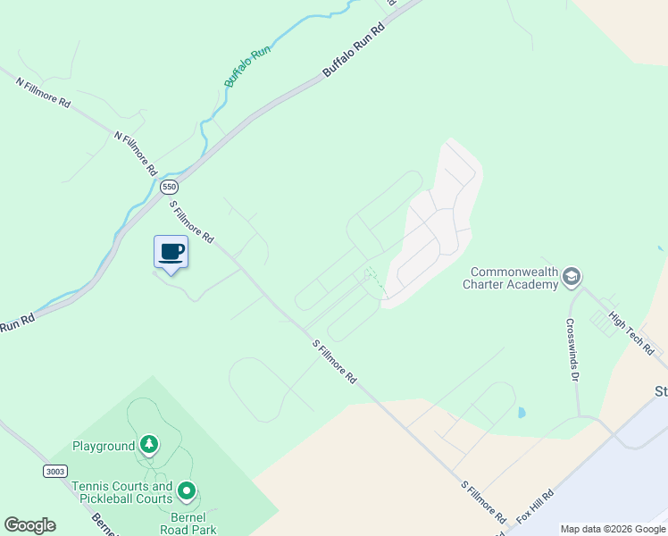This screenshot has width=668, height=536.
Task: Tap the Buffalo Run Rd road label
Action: click(x=353, y=48)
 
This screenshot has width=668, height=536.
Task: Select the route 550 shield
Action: click(x=170, y=188)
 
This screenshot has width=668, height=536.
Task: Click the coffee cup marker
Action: click(x=171, y=252)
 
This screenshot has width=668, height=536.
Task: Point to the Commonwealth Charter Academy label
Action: click(x=514, y=278)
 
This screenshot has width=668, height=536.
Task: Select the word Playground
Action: click(x=104, y=445)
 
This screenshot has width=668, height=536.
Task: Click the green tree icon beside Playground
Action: click(x=150, y=445)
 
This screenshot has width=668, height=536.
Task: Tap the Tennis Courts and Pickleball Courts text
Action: click(x=122, y=492)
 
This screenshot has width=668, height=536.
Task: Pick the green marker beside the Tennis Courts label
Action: click(x=187, y=490)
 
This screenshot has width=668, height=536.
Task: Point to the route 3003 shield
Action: click(x=54, y=470)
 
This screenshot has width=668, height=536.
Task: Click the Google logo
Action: click(x=29, y=525)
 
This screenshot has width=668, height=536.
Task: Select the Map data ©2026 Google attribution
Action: click(x=612, y=529)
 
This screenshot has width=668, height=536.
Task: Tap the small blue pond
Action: click(x=522, y=414)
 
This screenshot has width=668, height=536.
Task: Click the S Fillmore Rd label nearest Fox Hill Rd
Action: click(x=484, y=503)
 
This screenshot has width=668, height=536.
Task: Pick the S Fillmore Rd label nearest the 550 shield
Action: click(x=192, y=222)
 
